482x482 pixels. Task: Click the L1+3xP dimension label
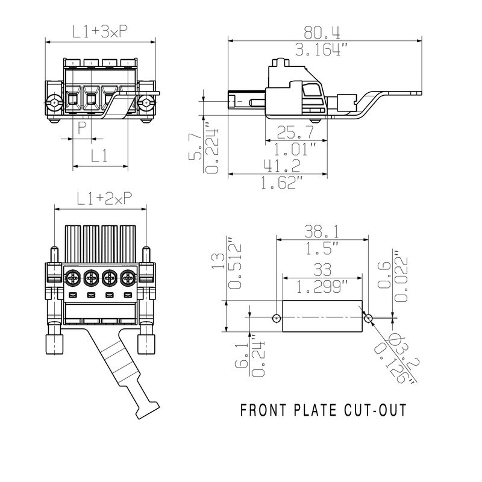(x=100, y=33)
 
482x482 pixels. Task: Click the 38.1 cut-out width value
(x=322, y=230)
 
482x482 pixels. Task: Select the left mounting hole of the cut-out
(x=276, y=318)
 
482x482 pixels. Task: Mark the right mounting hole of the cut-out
(x=368, y=318)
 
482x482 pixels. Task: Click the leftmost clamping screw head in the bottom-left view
(x=72, y=278)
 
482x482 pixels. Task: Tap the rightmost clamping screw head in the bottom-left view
(x=127, y=278)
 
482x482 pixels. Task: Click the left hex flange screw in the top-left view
(x=55, y=103)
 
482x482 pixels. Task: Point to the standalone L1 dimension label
(x=99, y=156)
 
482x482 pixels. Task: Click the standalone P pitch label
(x=82, y=127)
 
